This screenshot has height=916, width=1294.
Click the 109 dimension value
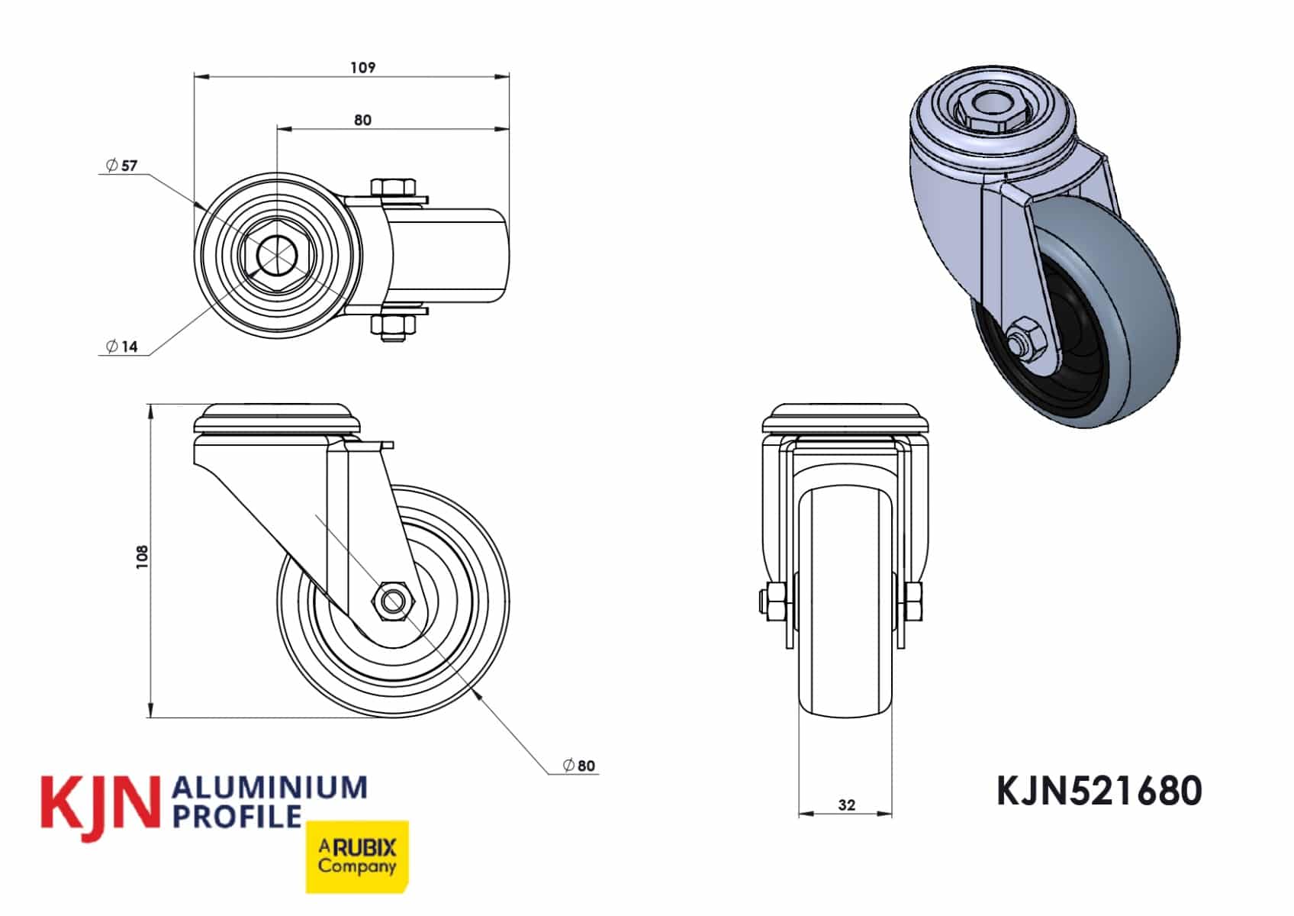click(363, 67)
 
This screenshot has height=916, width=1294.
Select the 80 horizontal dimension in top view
click(363, 120)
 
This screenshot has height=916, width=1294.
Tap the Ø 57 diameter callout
click(122, 166)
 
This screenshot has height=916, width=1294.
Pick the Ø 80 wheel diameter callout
click(579, 766)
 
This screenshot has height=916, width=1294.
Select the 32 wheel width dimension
click(846, 805)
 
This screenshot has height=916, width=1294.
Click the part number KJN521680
click(1099, 791)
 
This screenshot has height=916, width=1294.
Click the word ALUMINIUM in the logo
click(271, 788)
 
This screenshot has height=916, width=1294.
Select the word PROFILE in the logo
click(237, 816)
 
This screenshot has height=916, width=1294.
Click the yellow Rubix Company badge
click(357, 856)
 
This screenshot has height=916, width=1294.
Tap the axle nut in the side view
click(392, 599)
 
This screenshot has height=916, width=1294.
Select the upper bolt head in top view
click(394, 187)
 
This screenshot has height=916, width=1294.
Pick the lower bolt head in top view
click(394, 326)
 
